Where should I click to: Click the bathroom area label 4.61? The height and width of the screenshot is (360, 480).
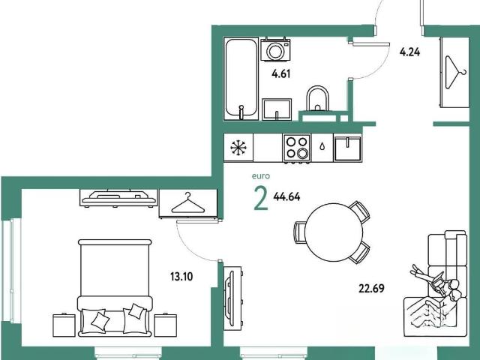[x=280, y=74]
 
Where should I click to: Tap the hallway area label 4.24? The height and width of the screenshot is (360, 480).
[x=409, y=52]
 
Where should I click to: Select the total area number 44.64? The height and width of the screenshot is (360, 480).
[x=286, y=196]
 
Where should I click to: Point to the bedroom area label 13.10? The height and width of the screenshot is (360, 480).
[x=181, y=277]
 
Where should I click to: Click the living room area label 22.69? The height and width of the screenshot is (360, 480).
[x=371, y=288]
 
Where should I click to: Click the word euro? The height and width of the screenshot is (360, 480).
[x=261, y=176]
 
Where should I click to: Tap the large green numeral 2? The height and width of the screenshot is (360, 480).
[x=261, y=199]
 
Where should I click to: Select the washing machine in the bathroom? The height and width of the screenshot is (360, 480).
[x=275, y=49]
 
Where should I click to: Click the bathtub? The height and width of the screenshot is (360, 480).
[x=241, y=79]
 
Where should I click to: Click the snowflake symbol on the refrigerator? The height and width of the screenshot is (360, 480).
[x=238, y=148]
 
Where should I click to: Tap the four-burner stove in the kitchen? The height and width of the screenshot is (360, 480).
[x=297, y=148]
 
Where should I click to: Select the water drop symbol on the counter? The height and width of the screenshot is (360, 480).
[x=322, y=147]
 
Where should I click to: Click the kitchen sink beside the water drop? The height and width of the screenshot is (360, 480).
[x=348, y=148]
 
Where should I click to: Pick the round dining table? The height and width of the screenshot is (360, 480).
[x=334, y=232]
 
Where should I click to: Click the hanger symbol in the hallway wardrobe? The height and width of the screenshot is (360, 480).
[x=455, y=72]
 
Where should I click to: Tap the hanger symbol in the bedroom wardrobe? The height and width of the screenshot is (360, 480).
[x=188, y=203]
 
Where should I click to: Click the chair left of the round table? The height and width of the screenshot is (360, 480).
[x=299, y=232]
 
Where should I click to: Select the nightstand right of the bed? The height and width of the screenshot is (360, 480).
[x=165, y=325]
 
